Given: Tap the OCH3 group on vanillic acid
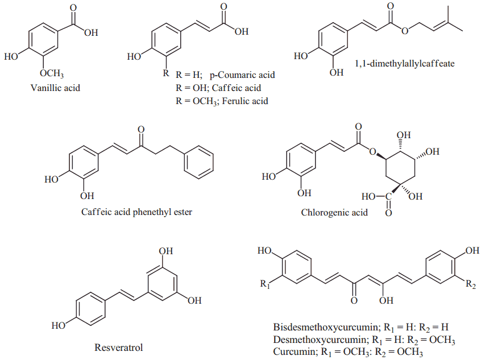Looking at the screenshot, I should point(51,75).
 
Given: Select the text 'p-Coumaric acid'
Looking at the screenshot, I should point(242,75).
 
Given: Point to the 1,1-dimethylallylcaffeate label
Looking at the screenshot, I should point(404,64).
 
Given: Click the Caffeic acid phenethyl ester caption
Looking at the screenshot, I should point(136,213).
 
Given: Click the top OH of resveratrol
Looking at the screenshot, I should point(166,251).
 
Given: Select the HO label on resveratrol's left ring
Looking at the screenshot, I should point(58,326).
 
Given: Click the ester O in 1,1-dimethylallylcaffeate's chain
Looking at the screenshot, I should point(403,31).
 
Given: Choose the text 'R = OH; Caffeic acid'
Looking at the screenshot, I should point(218,88).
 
